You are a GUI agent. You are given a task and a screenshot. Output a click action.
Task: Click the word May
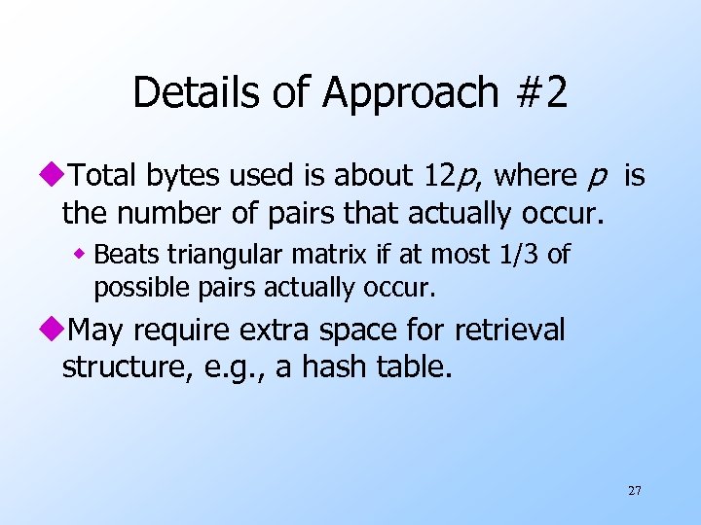click(x=97, y=331)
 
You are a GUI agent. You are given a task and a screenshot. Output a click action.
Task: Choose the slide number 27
click(x=635, y=491)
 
